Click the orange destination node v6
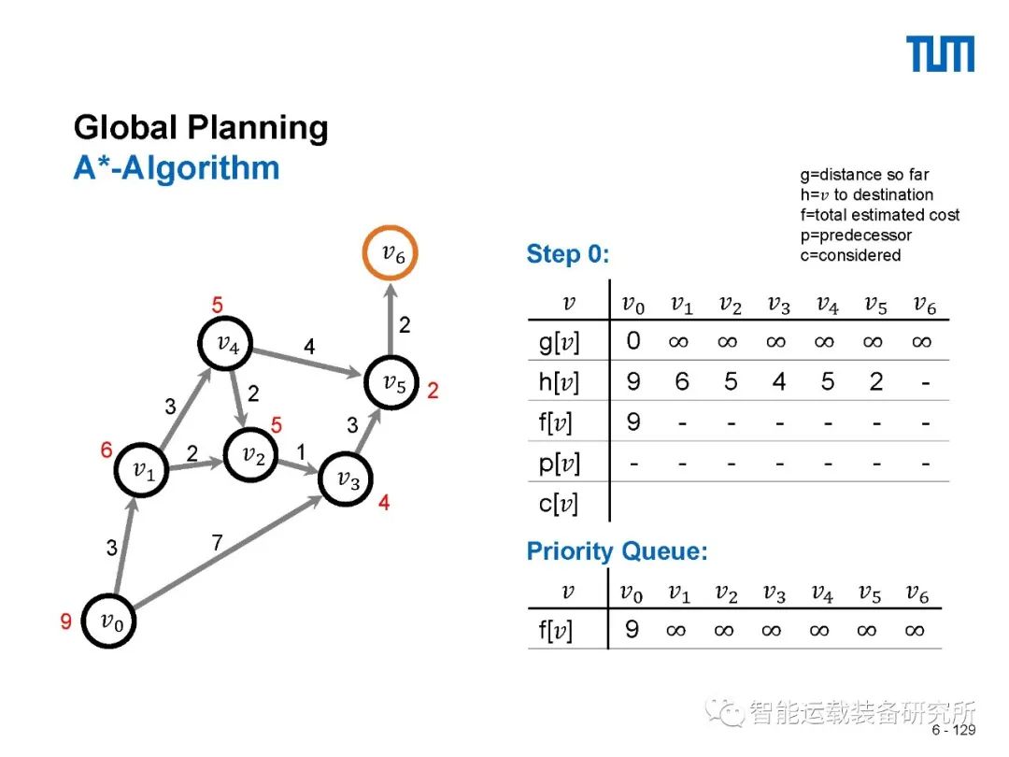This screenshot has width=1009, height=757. click(x=390, y=252)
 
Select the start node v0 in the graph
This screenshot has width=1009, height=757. click(x=109, y=621)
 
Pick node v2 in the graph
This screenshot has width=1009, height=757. click(x=251, y=455)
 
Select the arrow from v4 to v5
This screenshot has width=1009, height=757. click(x=308, y=364)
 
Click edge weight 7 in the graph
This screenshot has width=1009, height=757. click(x=217, y=542)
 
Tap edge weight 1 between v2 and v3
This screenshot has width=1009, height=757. click(x=301, y=450)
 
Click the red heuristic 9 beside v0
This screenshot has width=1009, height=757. click(x=66, y=621)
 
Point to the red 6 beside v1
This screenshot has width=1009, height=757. click(x=107, y=450)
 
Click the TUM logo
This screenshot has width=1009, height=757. click(x=940, y=54)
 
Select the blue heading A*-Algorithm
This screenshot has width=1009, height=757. click(x=177, y=168)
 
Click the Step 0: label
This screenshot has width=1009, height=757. click(x=568, y=254)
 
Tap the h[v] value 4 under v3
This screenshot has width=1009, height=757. click(x=778, y=382)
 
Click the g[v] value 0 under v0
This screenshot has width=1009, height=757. click(x=633, y=341)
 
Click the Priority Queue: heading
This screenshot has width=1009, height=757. click(x=618, y=551)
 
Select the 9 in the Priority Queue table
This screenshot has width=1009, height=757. click(x=632, y=630)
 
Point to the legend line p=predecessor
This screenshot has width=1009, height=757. click(x=855, y=235)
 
